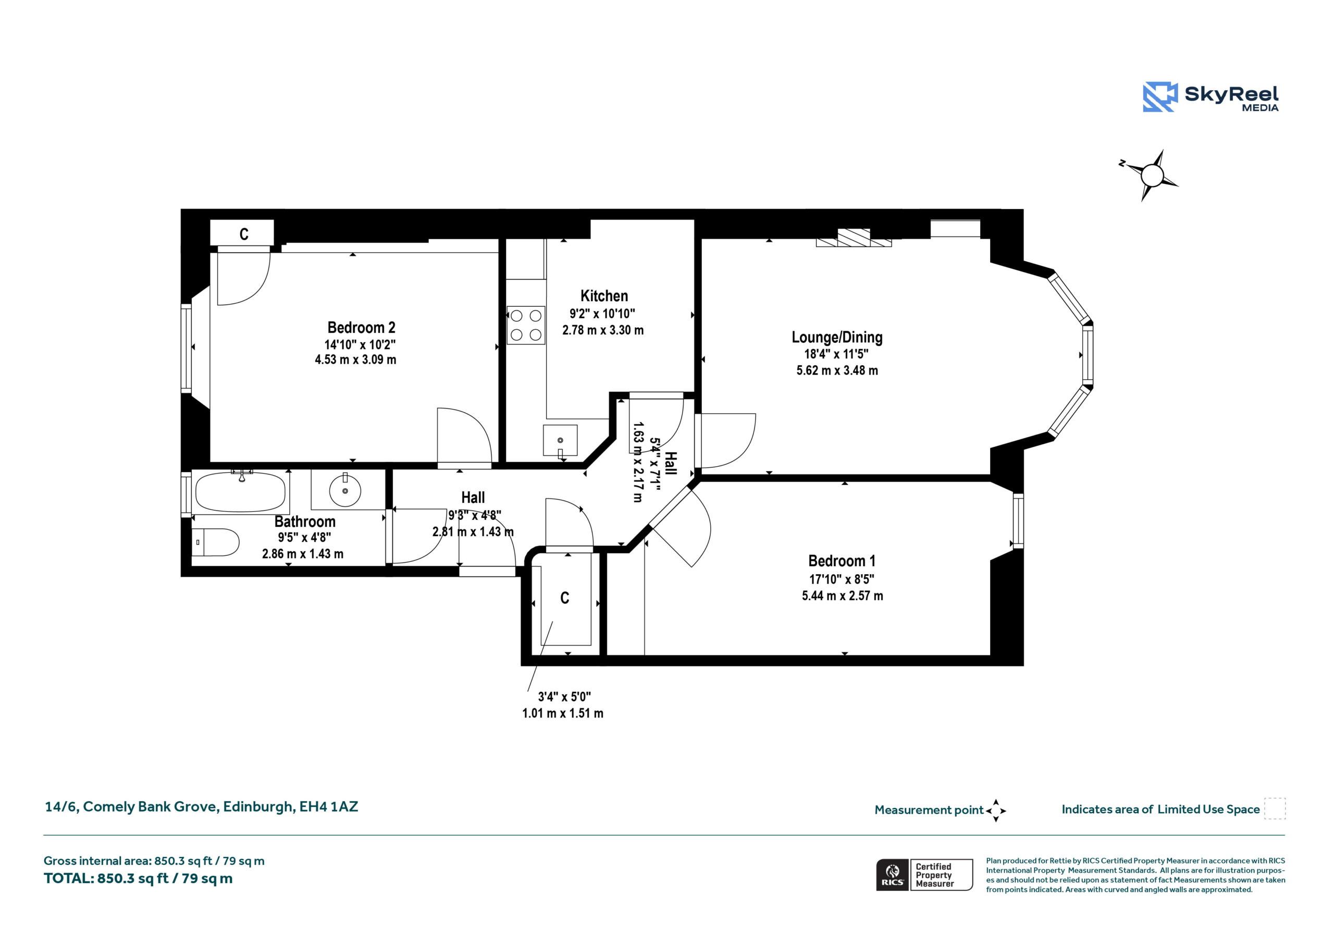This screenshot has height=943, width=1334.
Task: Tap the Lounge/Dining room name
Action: pyautogui.click(x=837, y=337)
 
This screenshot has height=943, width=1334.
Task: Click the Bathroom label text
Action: pyautogui.click(x=304, y=521)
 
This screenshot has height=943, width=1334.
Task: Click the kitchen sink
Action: pyautogui.click(x=560, y=440)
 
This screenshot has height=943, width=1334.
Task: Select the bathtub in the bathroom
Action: pyautogui.click(x=241, y=491)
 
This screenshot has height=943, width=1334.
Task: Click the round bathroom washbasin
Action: pyautogui.click(x=345, y=491)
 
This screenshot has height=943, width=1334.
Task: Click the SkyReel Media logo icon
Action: pyautogui.click(x=1160, y=96)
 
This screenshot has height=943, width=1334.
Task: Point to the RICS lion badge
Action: pyautogui.click(x=893, y=874)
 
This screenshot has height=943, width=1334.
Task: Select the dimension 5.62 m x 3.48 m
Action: pyautogui.click(x=837, y=370)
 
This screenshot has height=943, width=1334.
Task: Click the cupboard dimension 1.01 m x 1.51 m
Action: pyautogui.click(x=562, y=713)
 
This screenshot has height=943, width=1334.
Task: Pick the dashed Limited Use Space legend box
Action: pyautogui.click(x=1275, y=808)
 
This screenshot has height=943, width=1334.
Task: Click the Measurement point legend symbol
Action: pyautogui.click(x=996, y=811)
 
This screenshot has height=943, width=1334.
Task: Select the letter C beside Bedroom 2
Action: pyautogui.click(x=244, y=233)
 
